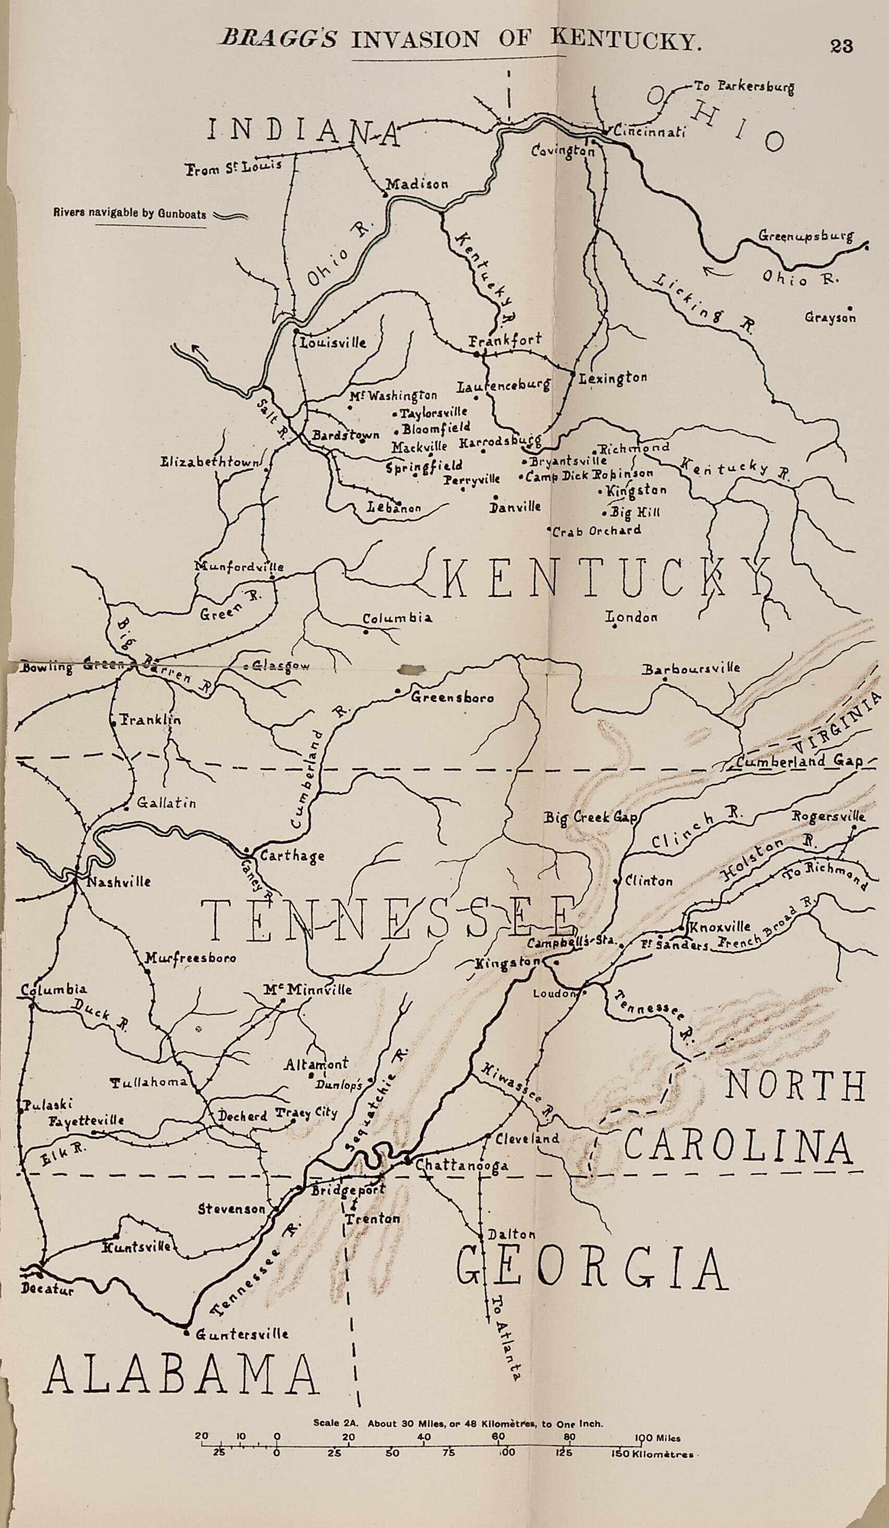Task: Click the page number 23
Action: pos(842,47)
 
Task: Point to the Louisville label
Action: pos(334,343)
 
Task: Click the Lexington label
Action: pos(613,379)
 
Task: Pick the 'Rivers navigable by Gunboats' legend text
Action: pos(129,214)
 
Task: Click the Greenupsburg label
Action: pos(806,237)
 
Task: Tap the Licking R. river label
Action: pos(707,304)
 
